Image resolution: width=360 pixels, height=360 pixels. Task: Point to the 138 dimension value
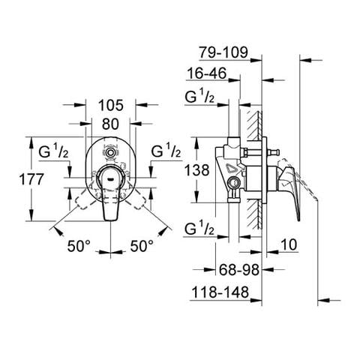pos(197,171)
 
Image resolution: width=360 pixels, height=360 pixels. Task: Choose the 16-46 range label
pos(207,76)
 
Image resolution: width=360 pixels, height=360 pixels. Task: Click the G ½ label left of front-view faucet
pos(52,151)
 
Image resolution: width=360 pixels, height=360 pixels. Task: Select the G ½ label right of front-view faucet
pos(166,151)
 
